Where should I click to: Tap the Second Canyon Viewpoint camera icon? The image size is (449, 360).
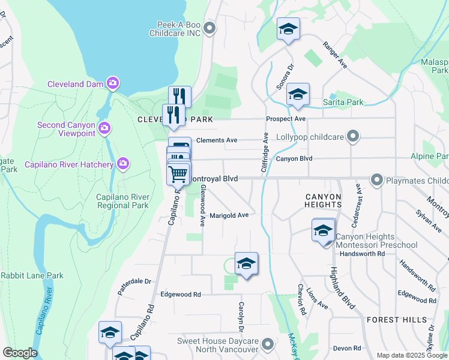coord(104,128)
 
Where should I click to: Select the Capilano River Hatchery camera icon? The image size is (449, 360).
coord(123,163)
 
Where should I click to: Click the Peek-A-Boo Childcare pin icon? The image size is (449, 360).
coord(209,28)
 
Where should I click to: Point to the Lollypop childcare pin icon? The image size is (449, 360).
coord(354,137)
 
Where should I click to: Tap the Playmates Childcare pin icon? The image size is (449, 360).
coord(377,179)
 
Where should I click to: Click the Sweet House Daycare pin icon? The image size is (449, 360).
coord(268,344)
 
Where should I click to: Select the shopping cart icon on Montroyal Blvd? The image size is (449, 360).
coord(178,174)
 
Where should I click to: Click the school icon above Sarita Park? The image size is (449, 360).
coord(298,95)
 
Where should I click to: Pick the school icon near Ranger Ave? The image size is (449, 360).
coord(288,29)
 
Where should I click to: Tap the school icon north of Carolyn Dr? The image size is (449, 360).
coord(246,264)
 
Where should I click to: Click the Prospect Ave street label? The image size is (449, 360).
coord(286,119)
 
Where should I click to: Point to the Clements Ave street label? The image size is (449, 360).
coord(217,140)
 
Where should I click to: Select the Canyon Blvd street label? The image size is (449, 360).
coord(295,159)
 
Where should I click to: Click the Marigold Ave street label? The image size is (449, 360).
coord(229,215)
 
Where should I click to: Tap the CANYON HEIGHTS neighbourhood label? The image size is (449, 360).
coord(323,200)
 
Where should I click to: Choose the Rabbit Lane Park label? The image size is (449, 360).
coord(32,276)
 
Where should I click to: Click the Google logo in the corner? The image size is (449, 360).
coord(20,353)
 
